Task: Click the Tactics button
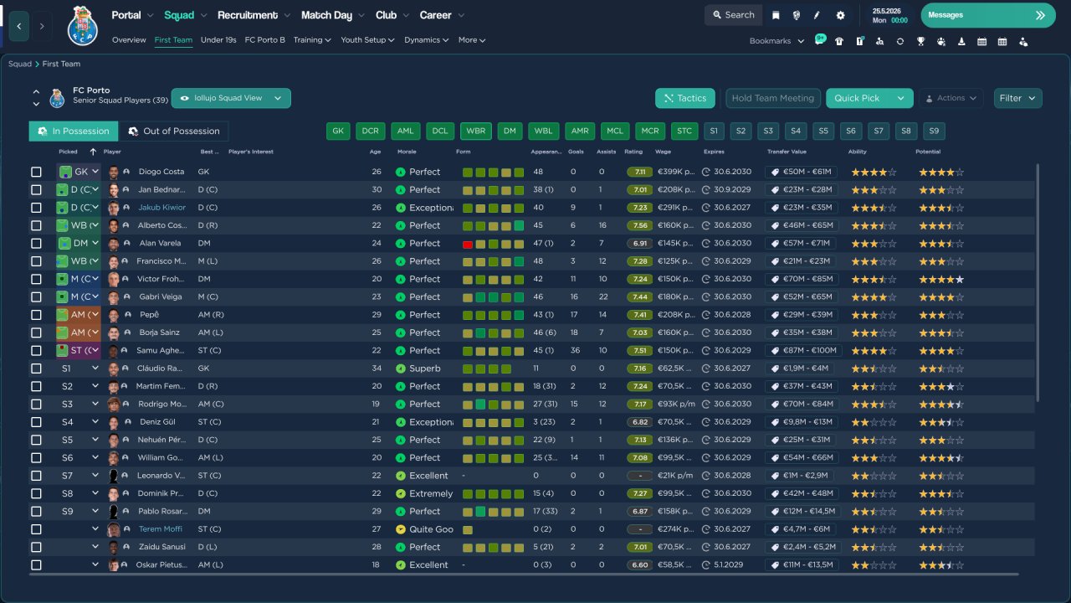click(685, 98)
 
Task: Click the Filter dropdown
click(1017, 98)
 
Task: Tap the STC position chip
click(684, 131)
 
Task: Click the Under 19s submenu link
click(218, 40)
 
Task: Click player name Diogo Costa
click(161, 172)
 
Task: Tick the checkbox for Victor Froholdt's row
click(36, 279)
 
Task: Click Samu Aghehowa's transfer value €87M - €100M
click(803, 351)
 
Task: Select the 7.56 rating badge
click(640, 225)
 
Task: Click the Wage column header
click(663, 152)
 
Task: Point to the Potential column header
click(929, 152)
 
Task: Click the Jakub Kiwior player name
click(162, 208)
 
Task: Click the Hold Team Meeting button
click(772, 98)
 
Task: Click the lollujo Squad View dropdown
click(231, 98)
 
